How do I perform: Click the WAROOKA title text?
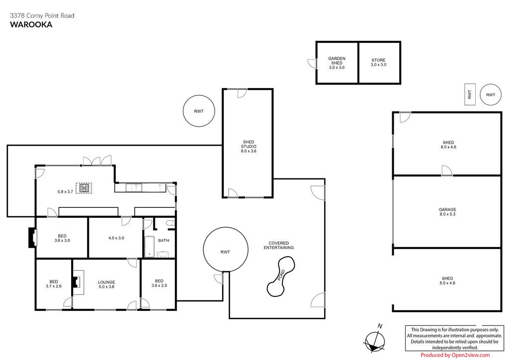(31, 25)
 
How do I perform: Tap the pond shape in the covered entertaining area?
(281, 276)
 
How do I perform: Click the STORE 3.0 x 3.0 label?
(378, 62)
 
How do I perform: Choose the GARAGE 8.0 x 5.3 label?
(448, 212)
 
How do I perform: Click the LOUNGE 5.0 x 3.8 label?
(106, 284)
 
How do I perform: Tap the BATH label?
(164, 241)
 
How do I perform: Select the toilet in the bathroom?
(170, 223)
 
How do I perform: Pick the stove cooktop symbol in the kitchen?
(84, 188)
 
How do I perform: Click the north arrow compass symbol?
(375, 339)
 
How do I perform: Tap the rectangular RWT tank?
(470, 94)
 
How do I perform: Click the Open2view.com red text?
(470, 355)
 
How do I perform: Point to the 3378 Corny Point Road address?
(42, 15)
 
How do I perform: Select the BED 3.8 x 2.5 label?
(159, 283)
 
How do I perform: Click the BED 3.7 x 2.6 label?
(54, 284)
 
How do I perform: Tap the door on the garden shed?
(312, 64)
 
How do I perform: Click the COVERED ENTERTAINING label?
(278, 245)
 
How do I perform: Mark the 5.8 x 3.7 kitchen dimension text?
(65, 191)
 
